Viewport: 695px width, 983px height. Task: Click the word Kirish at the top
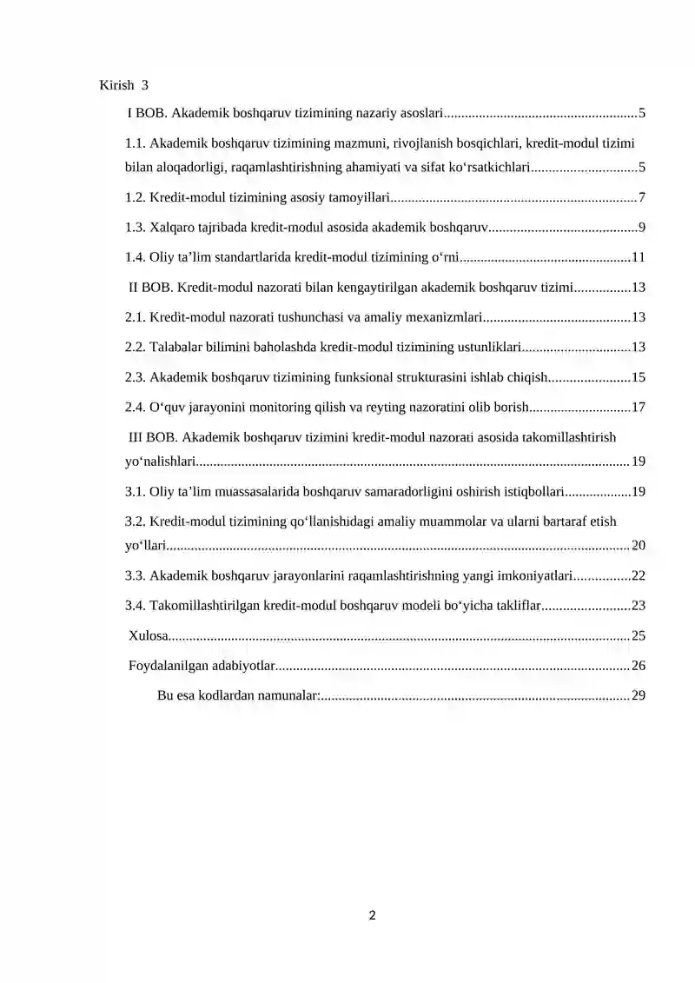(x=117, y=85)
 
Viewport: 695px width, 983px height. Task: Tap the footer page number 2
(x=372, y=914)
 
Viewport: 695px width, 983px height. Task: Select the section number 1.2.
(x=136, y=198)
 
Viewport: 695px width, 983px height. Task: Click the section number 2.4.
(x=136, y=407)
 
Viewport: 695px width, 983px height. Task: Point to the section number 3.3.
(x=136, y=575)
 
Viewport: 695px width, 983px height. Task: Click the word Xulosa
(x=148, y=636)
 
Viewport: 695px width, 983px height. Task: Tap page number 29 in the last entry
(x=639, y=696)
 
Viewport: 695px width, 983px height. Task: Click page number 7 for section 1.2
(x=641, y=198)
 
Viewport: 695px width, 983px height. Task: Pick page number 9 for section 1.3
(x=641, y=228)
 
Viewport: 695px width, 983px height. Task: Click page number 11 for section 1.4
(x=639, y=257)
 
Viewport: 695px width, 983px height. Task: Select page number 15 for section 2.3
(x=639, y=377)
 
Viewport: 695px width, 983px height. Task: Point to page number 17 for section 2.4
(x=639, y=407)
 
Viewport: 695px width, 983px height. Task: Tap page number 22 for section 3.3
(x=639, y=575)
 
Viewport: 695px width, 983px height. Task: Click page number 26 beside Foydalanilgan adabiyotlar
(x=639, y=667)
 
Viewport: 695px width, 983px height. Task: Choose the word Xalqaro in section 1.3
(x=172, y=228)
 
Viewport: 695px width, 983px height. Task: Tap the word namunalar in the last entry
(x=291, y=696)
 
